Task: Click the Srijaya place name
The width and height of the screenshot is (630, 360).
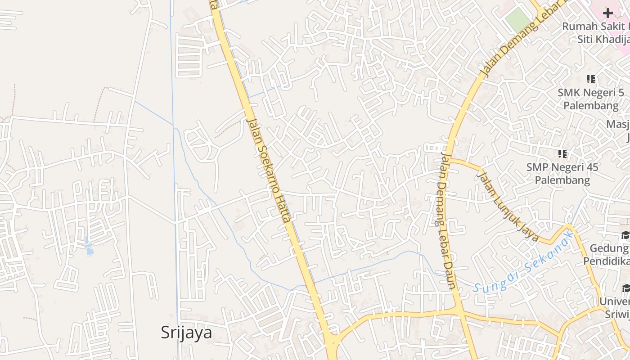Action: coord(186,333)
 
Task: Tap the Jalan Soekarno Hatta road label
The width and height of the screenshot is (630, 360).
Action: coord(268,170)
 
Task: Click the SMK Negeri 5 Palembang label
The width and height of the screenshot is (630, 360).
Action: coord(590,99)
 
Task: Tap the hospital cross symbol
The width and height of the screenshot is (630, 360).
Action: coord(608,13)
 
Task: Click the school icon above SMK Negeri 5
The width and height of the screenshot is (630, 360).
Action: coord(591,80)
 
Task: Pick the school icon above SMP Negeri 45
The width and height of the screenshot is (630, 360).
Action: coord(562,154)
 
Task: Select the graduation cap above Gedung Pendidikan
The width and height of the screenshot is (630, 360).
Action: coord(625,235)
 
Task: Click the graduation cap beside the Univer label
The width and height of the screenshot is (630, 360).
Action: coord(625,288)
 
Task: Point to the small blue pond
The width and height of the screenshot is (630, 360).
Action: coord(89,246)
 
